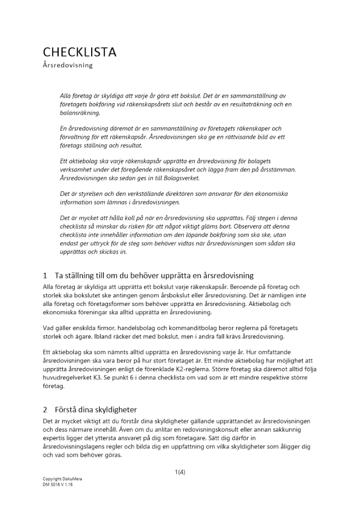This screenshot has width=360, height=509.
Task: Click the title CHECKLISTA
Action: pyautogui.click(x=79, y=52)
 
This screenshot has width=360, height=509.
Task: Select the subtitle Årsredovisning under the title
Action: pyautogui.click(x=67, y=66)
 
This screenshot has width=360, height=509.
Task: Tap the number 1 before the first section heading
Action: pyautogui.click(x=45, y=275)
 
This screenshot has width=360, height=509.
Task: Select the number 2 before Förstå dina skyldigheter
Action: pyautogui.click(x=45, y=409)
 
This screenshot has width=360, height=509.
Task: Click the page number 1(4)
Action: pyautogui.click(x=180, y=471)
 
